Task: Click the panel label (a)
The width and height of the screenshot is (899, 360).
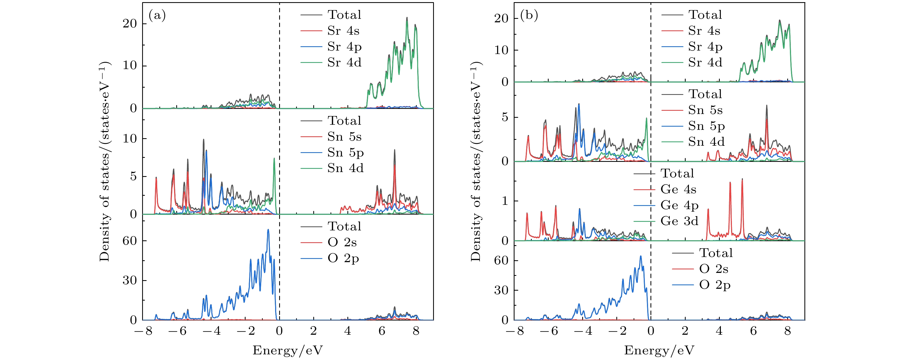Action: pyautogui.click(x=157, y=16)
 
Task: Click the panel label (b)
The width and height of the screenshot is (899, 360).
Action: pyautogui.click(x=529, y=16)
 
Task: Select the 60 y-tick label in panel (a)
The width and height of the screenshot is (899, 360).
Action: pyautogui.click(x=130, y=241)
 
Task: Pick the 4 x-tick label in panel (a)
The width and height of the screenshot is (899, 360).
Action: pyautogui.click(x=348, y=331)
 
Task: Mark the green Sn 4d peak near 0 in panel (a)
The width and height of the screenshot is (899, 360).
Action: pyautogui.click(x=274, y=159)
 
